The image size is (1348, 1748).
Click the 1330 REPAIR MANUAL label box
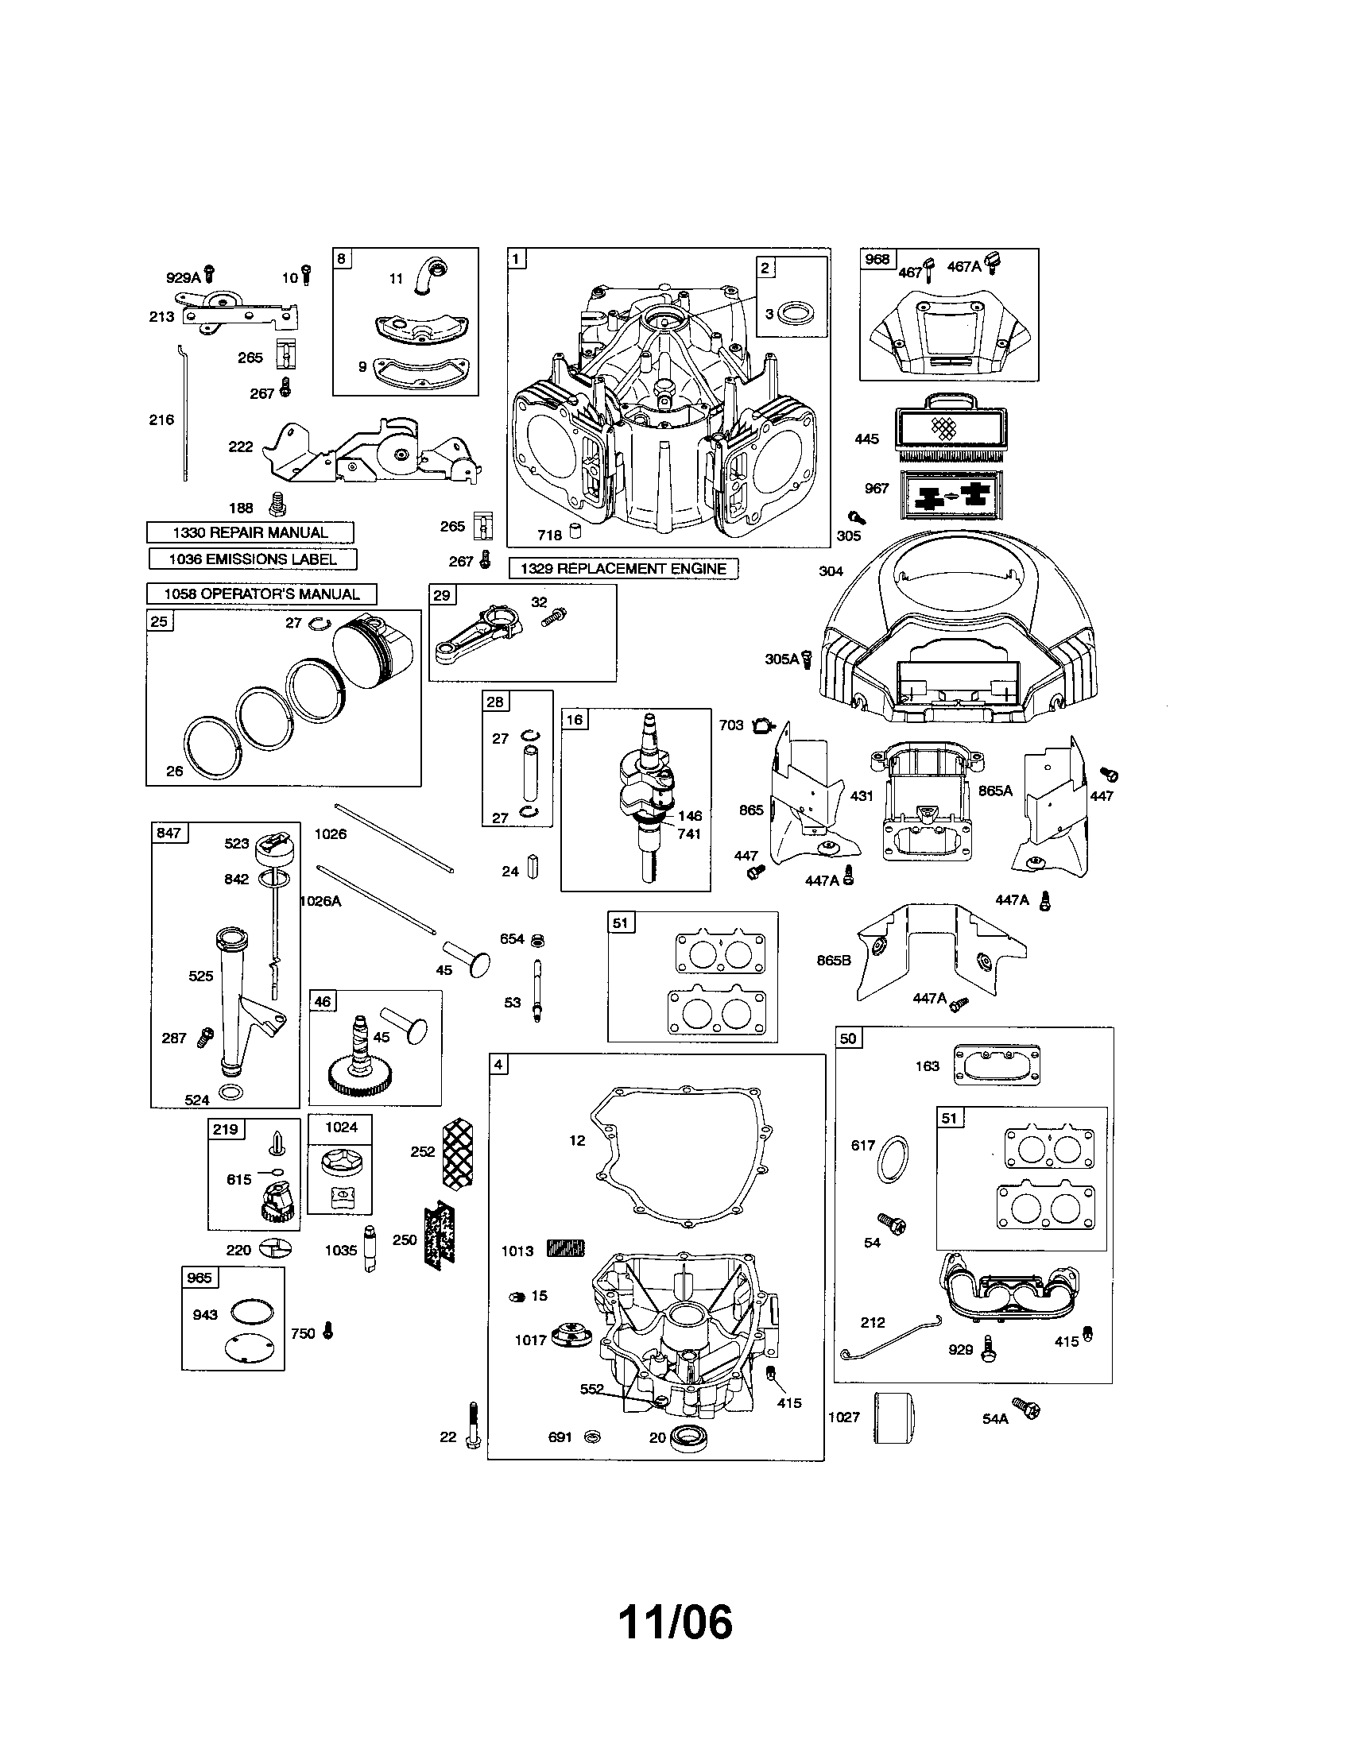pyautogui.click(x=250, y=532)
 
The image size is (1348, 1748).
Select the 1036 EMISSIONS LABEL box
pyautogui.click(x=252, y=559)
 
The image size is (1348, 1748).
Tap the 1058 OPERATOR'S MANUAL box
pyautogui.click(x=261, y=594)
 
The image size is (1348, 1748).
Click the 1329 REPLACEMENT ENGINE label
pyautogui.click(x=623, y=569)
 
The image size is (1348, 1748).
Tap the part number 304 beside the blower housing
pyautogui.click(x=831, y=571)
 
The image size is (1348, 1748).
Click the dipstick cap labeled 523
pyautogui.click(x=271, y=847)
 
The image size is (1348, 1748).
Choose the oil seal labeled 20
pyautogui.click(x=686, y=1437)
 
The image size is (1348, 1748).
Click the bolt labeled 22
pyautogui.click(x=473, y=1425)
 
